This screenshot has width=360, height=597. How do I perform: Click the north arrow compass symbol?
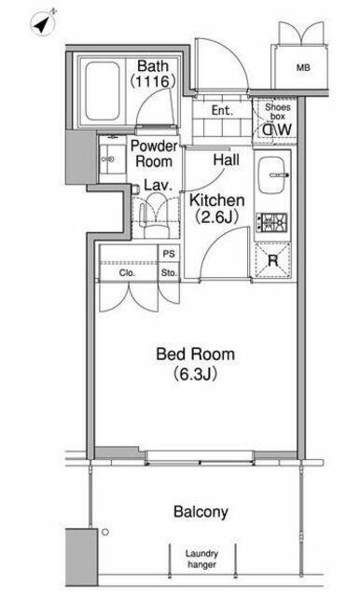tap(43, 22)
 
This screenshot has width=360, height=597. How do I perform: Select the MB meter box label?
tap(303, 68)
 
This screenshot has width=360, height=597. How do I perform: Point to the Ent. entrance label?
tap(222, 110)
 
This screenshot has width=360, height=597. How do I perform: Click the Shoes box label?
tap(277, 111)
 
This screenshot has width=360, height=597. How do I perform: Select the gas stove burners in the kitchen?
tap(271, 223)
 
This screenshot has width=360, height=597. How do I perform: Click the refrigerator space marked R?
tap(272, 260)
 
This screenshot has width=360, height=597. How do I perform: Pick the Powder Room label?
tap(154, 153)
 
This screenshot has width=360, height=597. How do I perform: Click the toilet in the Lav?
tap(155, 215)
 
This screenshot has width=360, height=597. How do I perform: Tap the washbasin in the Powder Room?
tap(112, 160)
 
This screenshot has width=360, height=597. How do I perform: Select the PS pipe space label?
tap(169, 254)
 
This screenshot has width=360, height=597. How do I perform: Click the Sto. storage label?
tap(169, 272)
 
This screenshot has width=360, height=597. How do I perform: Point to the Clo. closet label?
tap(127, 272)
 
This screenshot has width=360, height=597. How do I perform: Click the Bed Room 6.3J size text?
tap(196, 374)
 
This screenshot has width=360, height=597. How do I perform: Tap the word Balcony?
tap(201, 512)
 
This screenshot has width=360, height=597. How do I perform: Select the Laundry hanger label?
tap(201, 559)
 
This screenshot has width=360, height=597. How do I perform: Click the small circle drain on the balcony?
tap(105, 532)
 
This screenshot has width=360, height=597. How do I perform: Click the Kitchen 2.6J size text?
tap(217, 217)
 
